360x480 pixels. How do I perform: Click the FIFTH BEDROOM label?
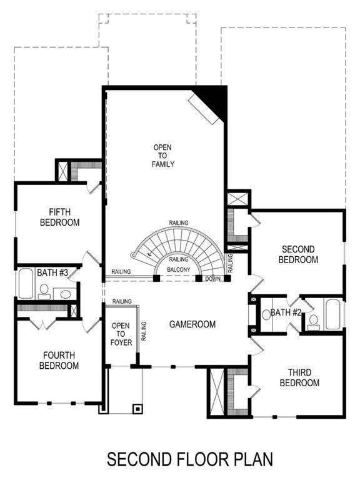pos(59,217)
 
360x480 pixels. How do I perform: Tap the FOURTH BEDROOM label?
pos(60,360)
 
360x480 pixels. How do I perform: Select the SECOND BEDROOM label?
pos(298,254)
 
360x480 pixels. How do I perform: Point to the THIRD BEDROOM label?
pos(299,377)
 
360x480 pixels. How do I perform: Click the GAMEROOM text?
pos(192,324)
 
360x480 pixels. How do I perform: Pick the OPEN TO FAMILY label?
pos(162,156)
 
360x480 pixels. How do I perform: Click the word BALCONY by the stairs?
pos(179,270)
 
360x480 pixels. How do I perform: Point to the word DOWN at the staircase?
pos(212,279)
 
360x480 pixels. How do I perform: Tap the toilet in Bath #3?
pos(44,291)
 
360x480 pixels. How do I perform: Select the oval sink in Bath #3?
pos(65,294)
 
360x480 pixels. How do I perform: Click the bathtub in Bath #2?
pos(332,314)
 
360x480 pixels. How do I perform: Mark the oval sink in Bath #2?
pos(266,314)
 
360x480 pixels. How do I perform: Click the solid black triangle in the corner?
pos(214,99)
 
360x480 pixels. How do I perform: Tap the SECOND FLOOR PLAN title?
pos(189,459)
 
